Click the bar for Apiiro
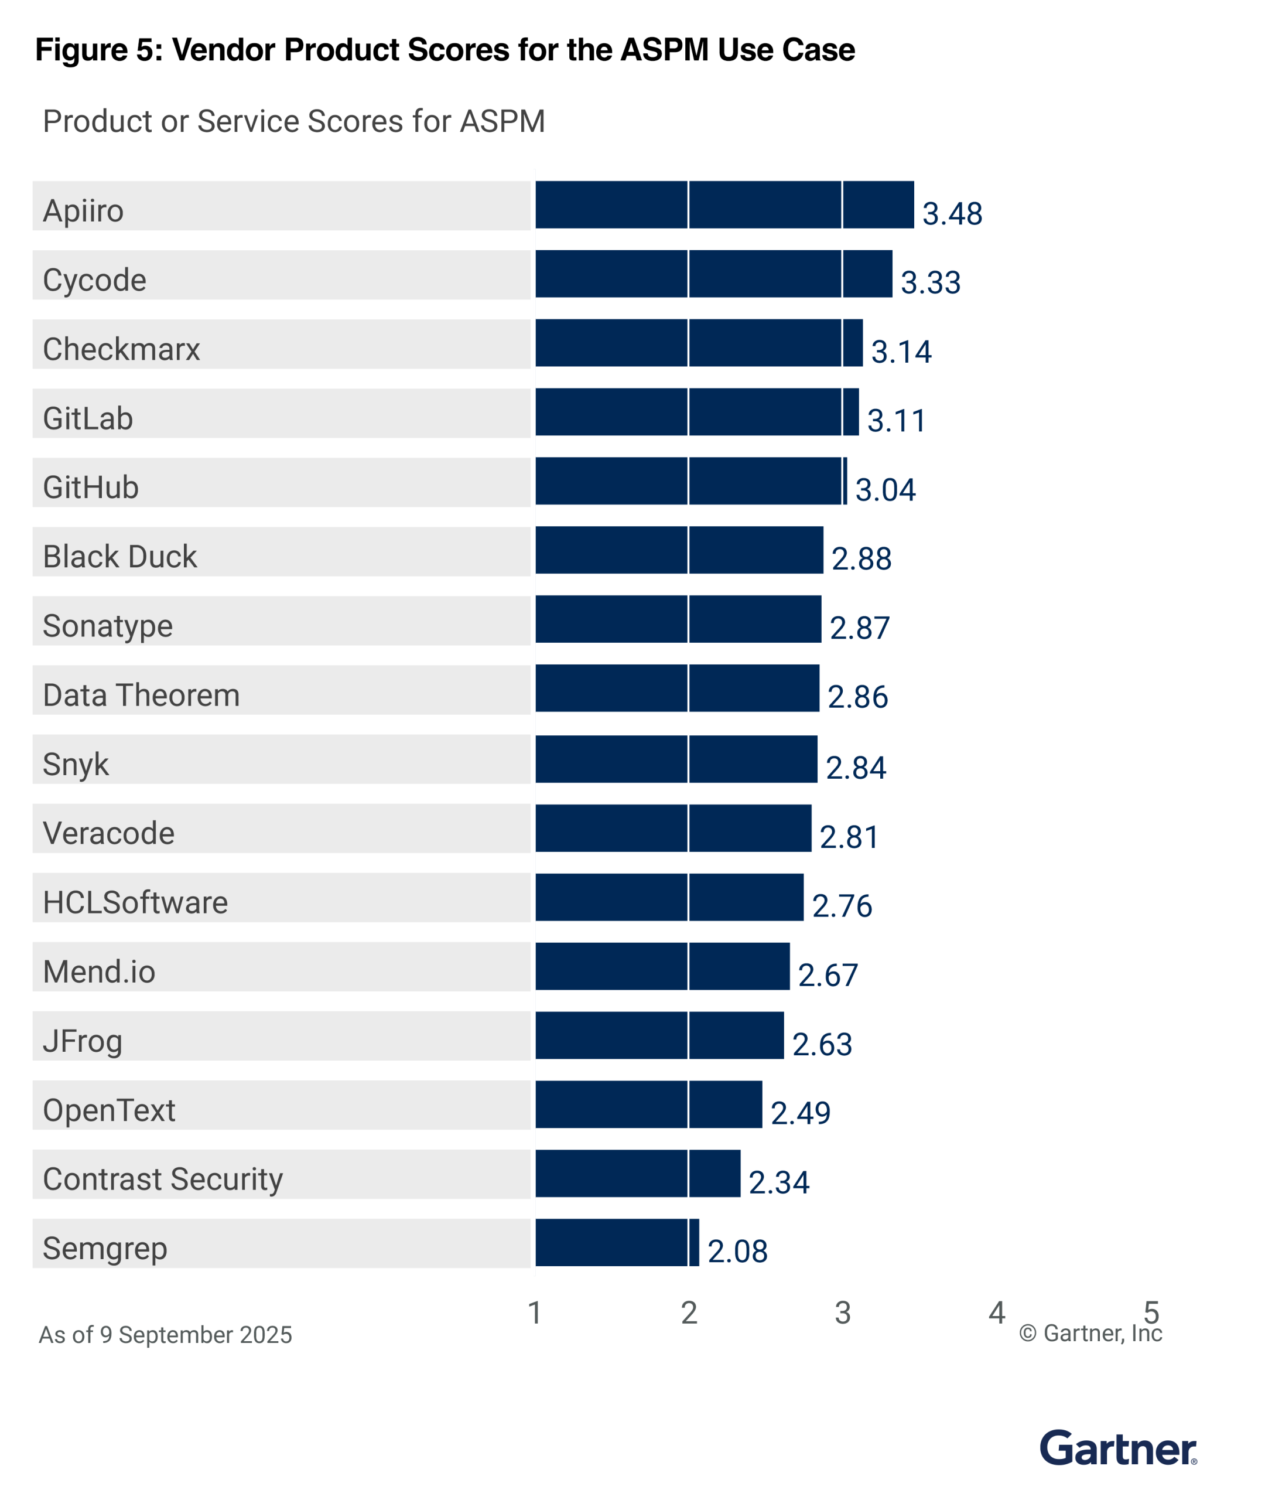pyautogui.click(x=723, y=205)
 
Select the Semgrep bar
pyautogui.click(x=616, y=1242)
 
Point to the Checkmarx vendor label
pyautogui.click(x=121, y=349)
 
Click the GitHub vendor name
pyautogui.click(x=90, y=487)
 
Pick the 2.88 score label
pyautogui.click(x=861, y=558)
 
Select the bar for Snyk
pyautogui.click(x=676, y=759)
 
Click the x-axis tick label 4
pyautogui.click(x=996, y=1312)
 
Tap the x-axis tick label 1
pyautogui.click(x=535, y=1312)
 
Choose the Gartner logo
pyautogui.click(x=1118, y=1448)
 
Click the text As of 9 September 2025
pyautogui.click(x=165, y=1334)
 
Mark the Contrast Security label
pyautogui.click(x=163, y=1178)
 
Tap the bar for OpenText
pyautogui.click(x=648, y=1104)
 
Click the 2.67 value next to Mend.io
pyautogui.click(x=828, y=974)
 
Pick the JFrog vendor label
pyautogui.click(x=83, y=1040)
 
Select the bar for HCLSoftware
pyautogui.click(x=668, y=897)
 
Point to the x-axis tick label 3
pyautogui.click(x=842, y=1312)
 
